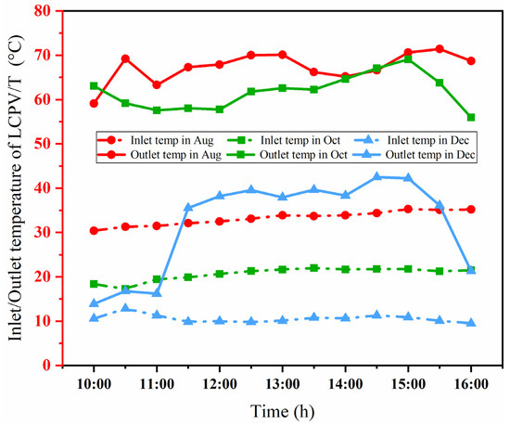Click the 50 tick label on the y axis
(x=44, y=143)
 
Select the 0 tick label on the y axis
(x=47, y=366)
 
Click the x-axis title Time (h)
(x=282, y=408)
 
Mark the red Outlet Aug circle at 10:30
(x=125, y=58)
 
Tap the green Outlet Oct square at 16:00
(x=471, y=117)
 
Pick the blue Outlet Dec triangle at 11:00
(x=157, y=293)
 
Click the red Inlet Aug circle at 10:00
(x=94, y=230)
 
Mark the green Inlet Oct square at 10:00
(x=94, y=284)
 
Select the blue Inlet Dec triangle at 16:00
(x=471, y=323)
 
